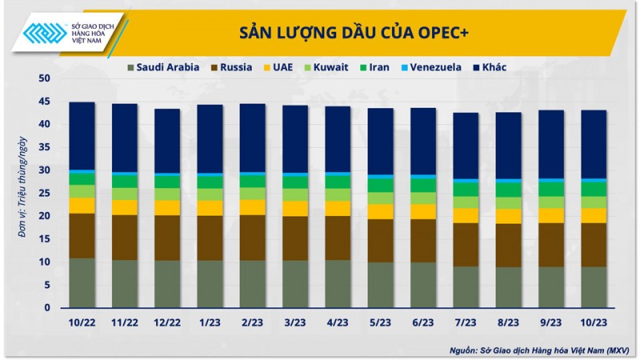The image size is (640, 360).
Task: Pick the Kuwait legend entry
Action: (x=325, y=67)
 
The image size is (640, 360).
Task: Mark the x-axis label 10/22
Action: (x=82, y=322)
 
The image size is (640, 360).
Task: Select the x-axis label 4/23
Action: (x=338, y=322)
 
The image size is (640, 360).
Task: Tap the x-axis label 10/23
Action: (x=594, y=322)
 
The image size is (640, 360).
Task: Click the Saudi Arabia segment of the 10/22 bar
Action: (x=82, y=282)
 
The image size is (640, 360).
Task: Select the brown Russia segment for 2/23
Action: (x=252, y=238)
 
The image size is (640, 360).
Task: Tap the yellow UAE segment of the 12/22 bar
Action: (x=167, y=207)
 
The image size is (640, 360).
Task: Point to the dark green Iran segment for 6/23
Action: (x=423, y=185)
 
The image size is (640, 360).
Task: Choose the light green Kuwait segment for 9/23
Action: (x=551, y=202)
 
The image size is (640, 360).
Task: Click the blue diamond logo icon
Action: (x=45, y=33)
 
